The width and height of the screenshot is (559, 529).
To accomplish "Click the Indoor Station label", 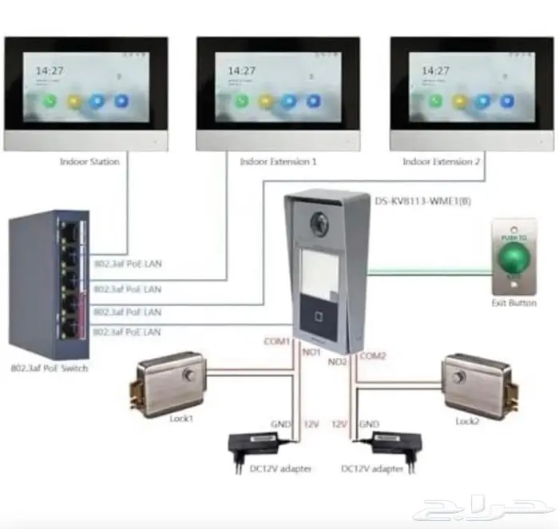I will [89, 161].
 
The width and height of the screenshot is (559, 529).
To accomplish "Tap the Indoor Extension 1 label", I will [278, 161].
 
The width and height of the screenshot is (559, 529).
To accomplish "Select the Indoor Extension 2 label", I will [441, 161].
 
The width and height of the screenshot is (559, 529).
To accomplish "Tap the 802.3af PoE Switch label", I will [50, 368].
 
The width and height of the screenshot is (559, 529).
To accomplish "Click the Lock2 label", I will [466, 421].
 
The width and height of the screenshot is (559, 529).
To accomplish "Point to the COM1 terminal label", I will [278, 342].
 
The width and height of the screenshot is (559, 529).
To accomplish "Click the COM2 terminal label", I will [373, 356].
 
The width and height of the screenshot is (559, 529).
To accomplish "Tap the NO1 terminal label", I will [311, 352].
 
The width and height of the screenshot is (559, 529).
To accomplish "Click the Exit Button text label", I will [514, 303].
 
